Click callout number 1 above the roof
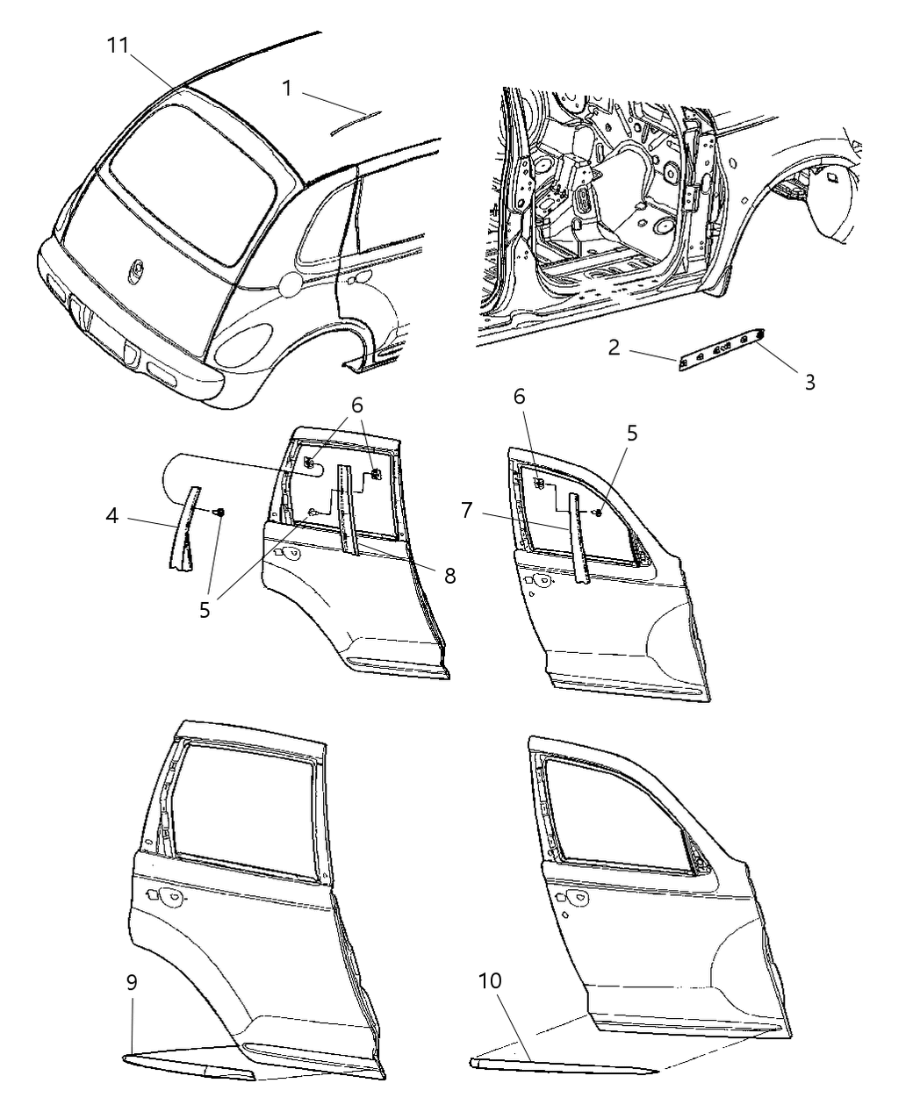pyautogui.click(x=287, y=88)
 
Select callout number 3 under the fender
pyautogui.click(x=809, y=382)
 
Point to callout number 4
pyautogui.click(x=111, y=516)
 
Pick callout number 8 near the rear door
pyautogui.click(x=449, y=576)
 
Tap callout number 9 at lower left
pyautogui.click(x=132, y=982)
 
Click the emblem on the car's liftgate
pyautogui.click(x=140, y=268)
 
